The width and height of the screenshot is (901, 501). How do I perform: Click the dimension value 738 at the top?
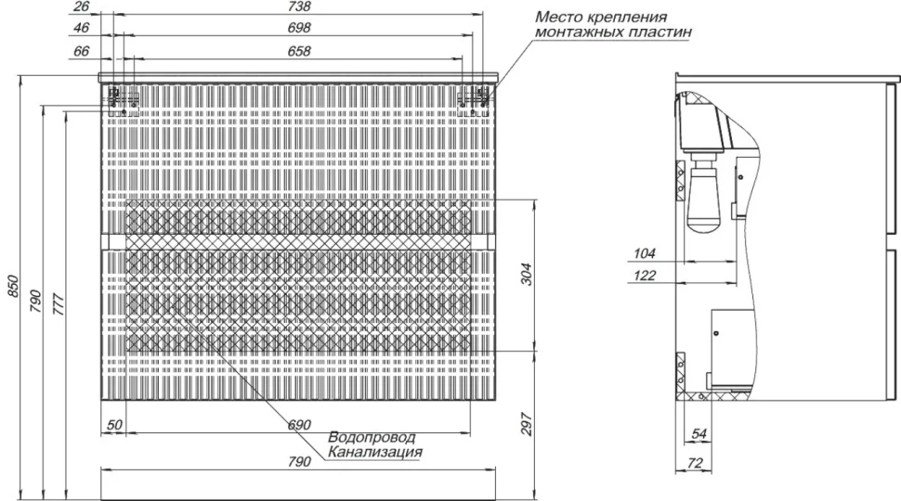point(299,6)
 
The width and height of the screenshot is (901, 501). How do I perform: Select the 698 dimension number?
point(299,28)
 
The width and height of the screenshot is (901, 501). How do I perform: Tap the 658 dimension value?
point(299,51)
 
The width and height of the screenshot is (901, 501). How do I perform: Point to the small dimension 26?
point(82,6)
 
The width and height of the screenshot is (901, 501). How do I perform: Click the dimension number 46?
point(82,28)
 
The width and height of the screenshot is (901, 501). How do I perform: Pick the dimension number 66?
point(82,51)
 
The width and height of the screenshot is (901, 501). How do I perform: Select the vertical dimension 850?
point(13,287)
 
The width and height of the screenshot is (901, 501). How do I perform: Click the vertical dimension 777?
point(58,303)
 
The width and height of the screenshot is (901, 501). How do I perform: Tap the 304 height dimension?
point(527,275)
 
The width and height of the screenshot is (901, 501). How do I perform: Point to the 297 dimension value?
point(527,425)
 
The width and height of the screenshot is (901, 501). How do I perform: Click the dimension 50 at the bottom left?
point(114,425)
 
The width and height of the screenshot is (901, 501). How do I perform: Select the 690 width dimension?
point(299,425)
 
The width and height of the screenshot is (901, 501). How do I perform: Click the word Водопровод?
point(372,438)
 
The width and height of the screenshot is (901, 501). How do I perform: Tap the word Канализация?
point(375,452)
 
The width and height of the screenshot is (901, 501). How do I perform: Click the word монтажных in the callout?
point(575,32)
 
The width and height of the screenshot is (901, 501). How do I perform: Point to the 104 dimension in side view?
point(645,253)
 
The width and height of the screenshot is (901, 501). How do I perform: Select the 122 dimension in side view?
point(645,276)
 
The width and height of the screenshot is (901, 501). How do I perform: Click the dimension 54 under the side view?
point(699,434)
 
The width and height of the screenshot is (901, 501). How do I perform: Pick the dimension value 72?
point(695,463)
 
